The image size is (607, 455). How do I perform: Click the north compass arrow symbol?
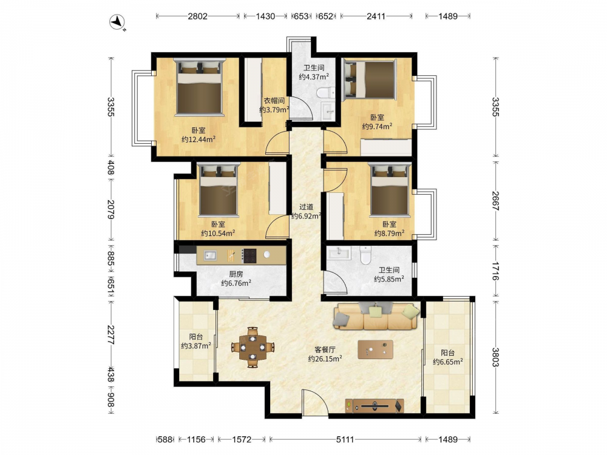click(x=117, y=22)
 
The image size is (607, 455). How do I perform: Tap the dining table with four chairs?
click(x=253, y=347)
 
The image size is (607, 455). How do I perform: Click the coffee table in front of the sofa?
click(x=375, y=349)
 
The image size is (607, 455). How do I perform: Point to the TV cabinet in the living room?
click(x=375, y=406)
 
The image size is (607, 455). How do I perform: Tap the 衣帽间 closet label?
click(x=274, y=101)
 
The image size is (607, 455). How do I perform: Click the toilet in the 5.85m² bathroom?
click(x=365, y=255)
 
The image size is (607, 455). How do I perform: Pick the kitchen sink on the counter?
click(x=211, y=255)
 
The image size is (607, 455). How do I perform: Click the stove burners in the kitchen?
click(x=249, y=255)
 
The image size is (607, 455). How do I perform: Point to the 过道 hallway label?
click(x=306, y=207)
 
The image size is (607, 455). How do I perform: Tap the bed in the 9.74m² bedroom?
click(x=370, y=79)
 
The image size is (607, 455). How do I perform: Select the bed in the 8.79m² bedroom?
click(x=390, y=189)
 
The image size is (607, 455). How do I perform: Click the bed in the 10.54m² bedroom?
click(x=219, y=189)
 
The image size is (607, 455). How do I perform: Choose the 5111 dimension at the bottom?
click(x=345, y=439)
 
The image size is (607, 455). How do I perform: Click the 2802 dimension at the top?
click(x=197, y=16)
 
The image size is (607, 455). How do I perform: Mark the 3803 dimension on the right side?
click(x=495, y=357)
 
